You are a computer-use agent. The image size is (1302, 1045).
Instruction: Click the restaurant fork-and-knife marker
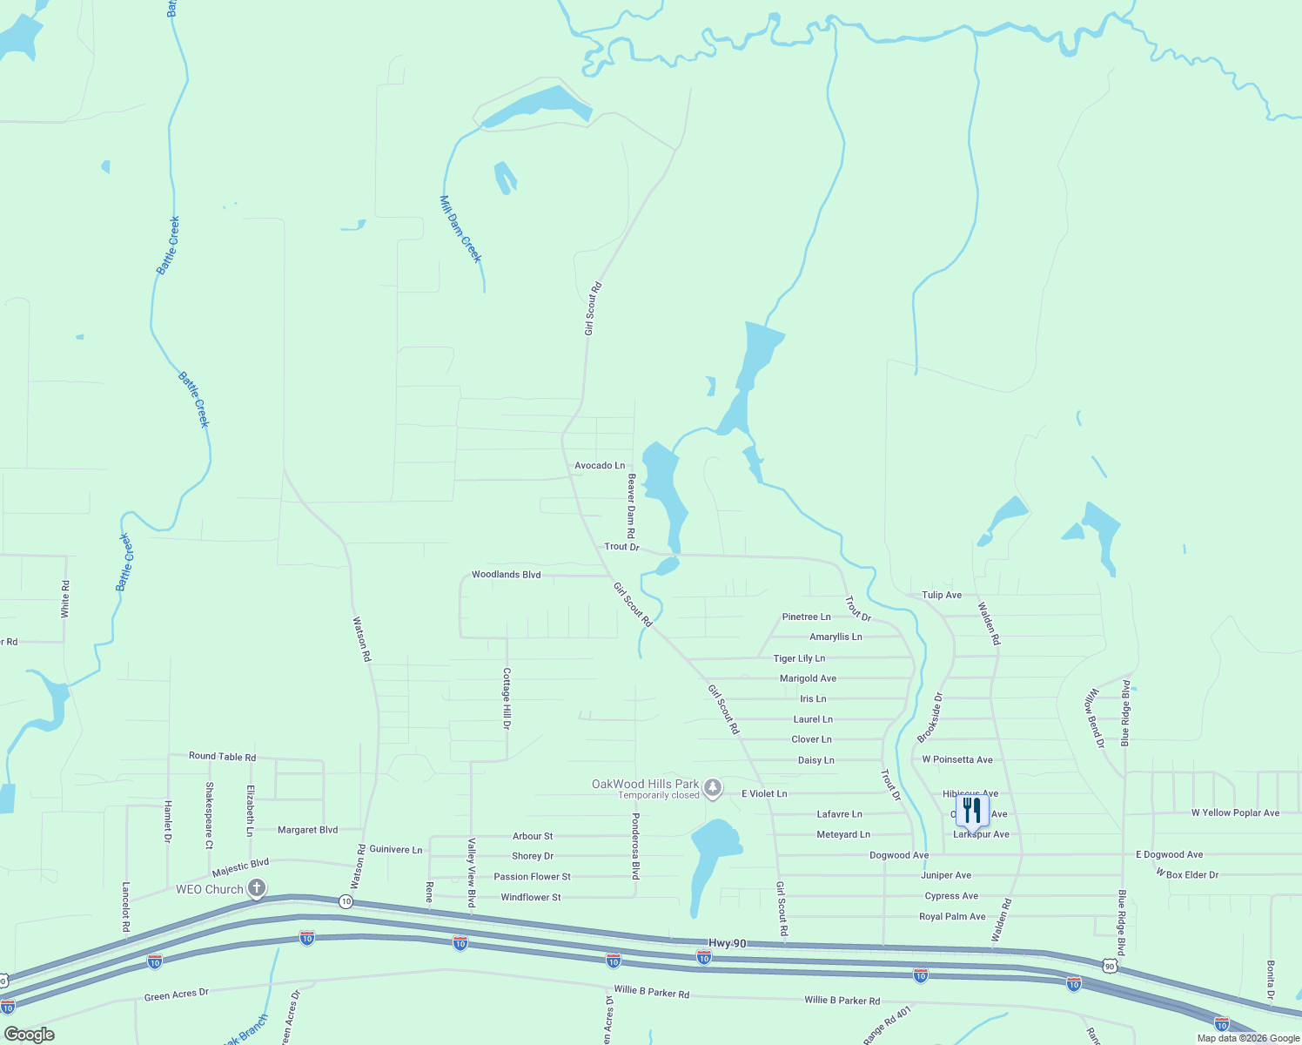point(971,810)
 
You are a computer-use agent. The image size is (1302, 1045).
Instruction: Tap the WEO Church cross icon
point(257,888)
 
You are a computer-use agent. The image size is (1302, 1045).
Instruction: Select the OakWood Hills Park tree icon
point(713,789)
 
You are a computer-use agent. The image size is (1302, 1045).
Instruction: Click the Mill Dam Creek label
point(460,229)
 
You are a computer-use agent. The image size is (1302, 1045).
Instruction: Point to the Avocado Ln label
point(600,466)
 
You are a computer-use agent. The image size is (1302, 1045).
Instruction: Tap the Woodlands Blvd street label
point(506,575)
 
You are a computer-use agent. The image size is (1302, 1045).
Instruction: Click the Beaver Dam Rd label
point(632,506)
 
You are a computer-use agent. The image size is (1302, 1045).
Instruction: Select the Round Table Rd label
point(222,757)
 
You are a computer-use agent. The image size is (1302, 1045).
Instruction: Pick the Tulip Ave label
point(942,596)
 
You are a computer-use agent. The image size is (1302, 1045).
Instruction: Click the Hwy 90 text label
point(727,943)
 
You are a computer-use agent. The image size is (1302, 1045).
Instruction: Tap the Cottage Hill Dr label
point(507,698)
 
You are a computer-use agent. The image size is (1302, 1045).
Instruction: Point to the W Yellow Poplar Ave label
point(1235,813)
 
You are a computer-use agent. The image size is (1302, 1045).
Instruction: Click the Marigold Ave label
point(808,678)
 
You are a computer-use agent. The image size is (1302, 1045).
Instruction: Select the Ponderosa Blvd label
point(635,846)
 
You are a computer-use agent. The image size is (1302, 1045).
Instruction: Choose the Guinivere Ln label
point(395,850)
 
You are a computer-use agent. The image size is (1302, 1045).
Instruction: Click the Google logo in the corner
point(30,1035)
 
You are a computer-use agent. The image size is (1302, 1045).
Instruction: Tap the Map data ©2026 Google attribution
point(1248,1038)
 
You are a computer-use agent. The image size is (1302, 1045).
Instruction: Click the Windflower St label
point(531,898)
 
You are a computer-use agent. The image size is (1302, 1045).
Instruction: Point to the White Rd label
point(65,599)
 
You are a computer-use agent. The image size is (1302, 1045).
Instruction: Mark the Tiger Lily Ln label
point(799,658)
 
